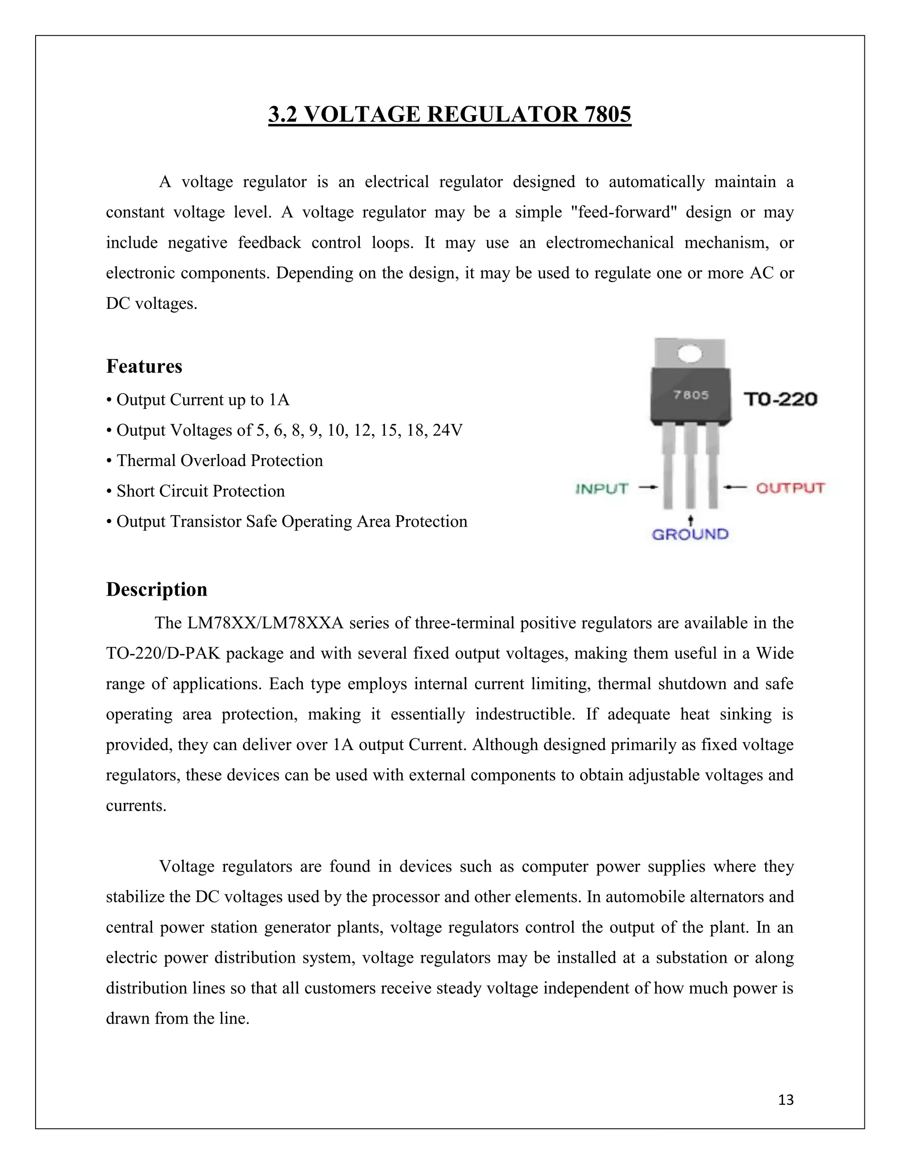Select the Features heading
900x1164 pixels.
tap(144, 367)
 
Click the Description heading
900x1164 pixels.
tap(156, 589)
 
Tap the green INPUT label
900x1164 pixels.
tap(602, 489)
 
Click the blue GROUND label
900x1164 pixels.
tap(690, 535)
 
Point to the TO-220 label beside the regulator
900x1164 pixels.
tap(780, 399)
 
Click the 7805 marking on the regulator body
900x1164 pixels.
tap(691, 395)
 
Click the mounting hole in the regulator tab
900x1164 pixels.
tap(690, 354)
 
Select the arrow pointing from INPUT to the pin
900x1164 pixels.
tap(647, 487)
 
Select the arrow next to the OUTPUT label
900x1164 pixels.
tap(736, 487)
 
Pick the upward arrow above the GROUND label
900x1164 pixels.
tap(690, 520)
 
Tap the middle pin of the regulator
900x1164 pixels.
tap(690, 469)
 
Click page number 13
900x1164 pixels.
tap(786, 1100)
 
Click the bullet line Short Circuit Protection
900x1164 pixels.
tap(200, 491)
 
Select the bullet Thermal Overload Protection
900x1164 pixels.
tap(219, 460)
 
